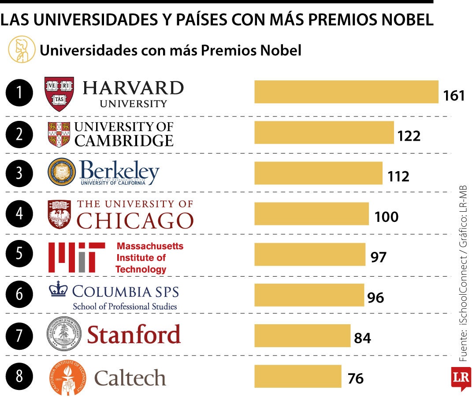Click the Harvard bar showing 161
tap(346, 92)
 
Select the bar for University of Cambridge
tap(324, 132)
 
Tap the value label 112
tap(398, 176)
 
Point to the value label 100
tap(387, 217)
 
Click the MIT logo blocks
tap(76, 257)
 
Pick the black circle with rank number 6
tap(19, 294)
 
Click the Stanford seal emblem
tap(64, 334)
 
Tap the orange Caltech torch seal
tap(67, 377)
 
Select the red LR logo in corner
tap(461, 378)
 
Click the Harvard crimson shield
tap(59, 94)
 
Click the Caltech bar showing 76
tap(297, 376)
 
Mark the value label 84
tap(362, 338)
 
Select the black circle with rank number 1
tap(19, 93)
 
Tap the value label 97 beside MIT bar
tap(378, 257)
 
